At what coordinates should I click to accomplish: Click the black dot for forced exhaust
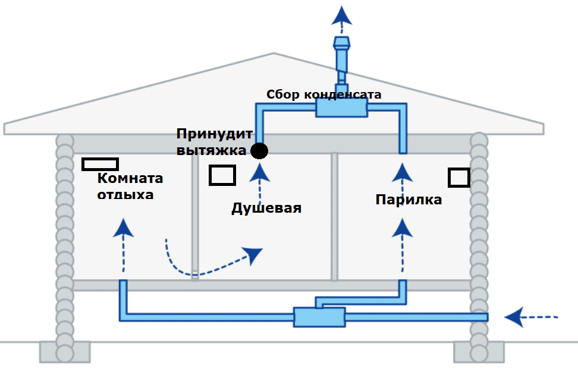click(x=259, y=151)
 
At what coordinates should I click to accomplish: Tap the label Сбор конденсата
click(x=323, y=94)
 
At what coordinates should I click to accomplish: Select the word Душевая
click(x=266, y=208)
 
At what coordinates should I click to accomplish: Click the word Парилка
click(x=409, y=200)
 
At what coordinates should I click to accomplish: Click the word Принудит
click(x=215, y=134)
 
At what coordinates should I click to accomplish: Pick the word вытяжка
click(x=211, y=150)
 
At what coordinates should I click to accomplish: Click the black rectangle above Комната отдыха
click(x=100, y=163)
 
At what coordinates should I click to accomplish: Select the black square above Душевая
click(x=222, y=175)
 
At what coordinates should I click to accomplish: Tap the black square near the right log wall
click(x=458, y=177)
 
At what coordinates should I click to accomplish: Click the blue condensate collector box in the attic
click(x=341, y=108)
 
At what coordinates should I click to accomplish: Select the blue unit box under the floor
click(x=319, y=317)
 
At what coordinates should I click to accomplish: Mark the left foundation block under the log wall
click(x=64, y=351)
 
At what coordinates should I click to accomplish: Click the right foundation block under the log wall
click(x=478, y=351)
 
